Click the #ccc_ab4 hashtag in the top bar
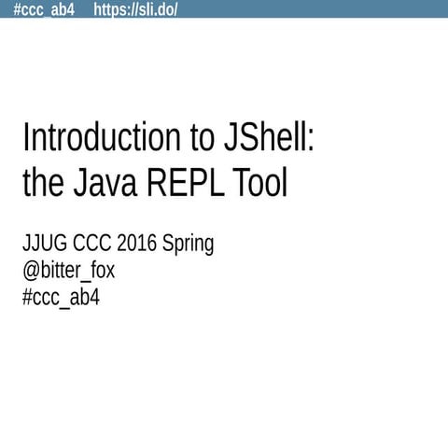44,9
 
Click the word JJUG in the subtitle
45,244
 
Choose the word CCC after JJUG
96,244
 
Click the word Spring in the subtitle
189,245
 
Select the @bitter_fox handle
68,271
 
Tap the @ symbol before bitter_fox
30,272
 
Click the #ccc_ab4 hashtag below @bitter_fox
61,298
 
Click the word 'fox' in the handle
100,271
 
